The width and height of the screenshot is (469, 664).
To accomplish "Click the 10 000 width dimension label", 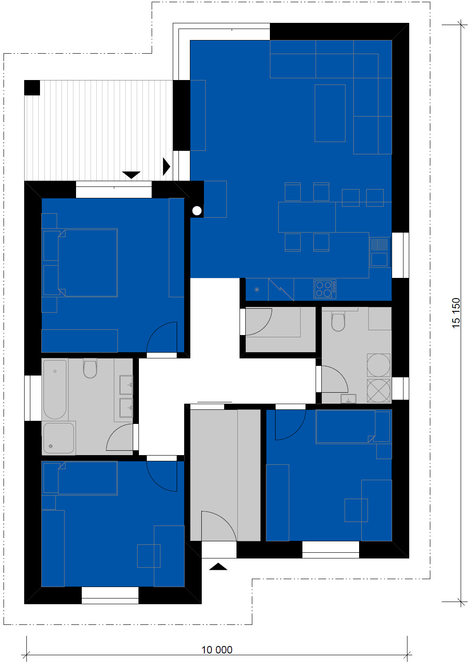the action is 217,650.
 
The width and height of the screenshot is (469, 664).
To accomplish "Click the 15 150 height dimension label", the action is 456,313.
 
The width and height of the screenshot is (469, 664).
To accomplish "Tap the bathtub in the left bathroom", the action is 55,389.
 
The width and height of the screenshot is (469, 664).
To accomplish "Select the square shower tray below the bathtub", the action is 58,438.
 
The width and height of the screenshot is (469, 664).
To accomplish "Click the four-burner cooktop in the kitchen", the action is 325,289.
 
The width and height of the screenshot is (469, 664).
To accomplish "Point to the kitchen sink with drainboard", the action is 380,252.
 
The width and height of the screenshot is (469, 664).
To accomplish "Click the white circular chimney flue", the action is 197,211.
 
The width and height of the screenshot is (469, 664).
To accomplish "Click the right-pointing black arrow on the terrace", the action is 167,166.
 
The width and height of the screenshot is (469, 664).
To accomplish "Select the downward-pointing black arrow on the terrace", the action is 131,175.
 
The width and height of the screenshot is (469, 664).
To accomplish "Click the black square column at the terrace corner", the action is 32,88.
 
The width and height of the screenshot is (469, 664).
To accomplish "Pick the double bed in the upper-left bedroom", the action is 88,263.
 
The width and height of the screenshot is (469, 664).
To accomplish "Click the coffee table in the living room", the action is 330,113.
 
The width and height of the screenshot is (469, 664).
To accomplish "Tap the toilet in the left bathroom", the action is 90,368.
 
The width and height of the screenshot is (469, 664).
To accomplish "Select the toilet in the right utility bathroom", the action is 338,321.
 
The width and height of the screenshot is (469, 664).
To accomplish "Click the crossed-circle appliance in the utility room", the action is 378,390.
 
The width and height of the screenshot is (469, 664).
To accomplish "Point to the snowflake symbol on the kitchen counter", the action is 257,289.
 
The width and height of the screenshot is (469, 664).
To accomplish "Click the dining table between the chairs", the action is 307,217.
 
